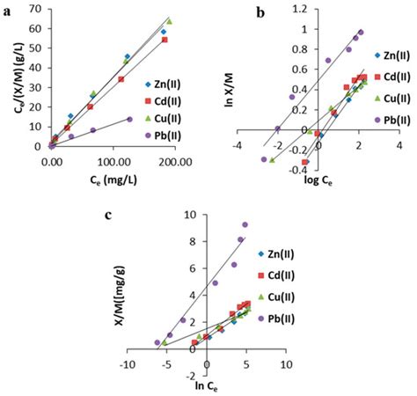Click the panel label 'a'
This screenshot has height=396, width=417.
click(x=8, y=9)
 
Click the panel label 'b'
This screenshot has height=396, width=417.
click(x=232, y=12)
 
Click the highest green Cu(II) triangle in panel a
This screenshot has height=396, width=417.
click(x=169, y=21)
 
